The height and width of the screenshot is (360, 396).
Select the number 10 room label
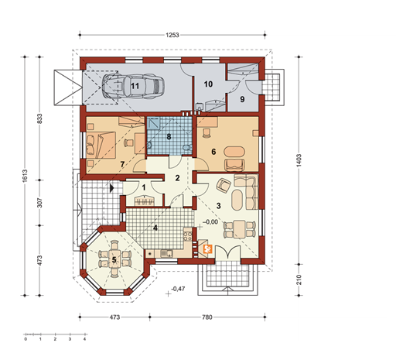[208, 84]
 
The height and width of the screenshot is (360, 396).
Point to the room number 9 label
[241, 100]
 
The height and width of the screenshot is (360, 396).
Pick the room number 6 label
[213, 153]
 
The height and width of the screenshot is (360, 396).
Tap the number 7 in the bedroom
[121, 165]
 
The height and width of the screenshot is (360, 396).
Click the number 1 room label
[143, 187]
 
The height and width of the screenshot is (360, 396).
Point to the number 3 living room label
[219, 205]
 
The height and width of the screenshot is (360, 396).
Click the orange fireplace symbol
[207, 249]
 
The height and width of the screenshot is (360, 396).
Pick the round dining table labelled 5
[114, 260]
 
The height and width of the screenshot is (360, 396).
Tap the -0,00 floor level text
[210, 222]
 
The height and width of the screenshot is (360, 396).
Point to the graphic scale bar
[54, 337]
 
